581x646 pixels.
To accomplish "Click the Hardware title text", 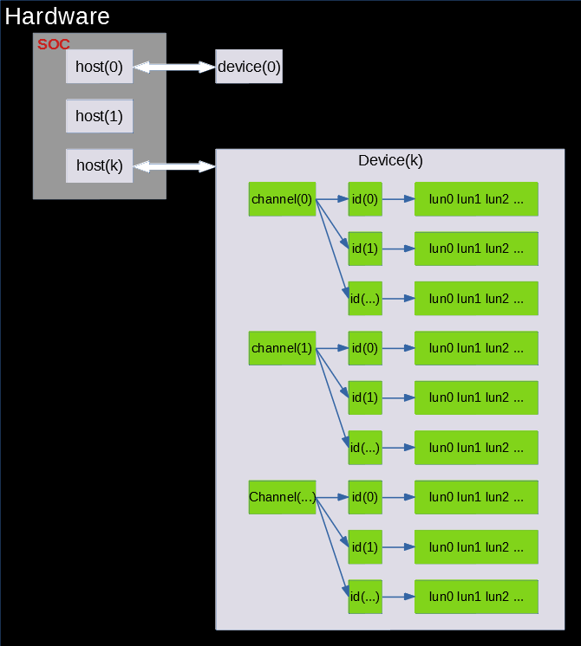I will pyautogui.click(x=57, y=16).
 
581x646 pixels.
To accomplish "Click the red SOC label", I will pyautogui.click(x=53, y=44).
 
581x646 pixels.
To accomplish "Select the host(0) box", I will pyautogui.click(x=99, y=67).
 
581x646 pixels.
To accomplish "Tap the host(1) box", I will pyautogui.click(x=99, y=116).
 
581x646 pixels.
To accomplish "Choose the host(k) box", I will pyautogui.click(x=99, y=165).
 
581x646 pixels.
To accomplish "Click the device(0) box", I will pyautogui.click(x=249, y=67).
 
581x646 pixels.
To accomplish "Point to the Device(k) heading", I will pyautogui.click(x=390, y=161).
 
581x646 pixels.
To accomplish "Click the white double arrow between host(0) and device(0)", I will pyautogui.click(x=173, y=67).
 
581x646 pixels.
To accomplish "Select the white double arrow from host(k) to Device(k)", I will pyautogui.click(x=173, y=165).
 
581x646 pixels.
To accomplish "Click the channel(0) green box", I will pyautogui.click(x=282, y=199).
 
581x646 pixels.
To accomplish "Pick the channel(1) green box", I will pyautogui.click(x=282, y=348).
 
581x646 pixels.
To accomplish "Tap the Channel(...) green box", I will pyautogui.click(x=282, y=497).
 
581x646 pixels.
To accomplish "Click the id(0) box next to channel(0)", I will pyautogui.click(x=365, y=199).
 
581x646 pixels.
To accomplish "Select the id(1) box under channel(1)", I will pyautogui.click(x=365, y=397).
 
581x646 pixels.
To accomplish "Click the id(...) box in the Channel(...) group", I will pyautogui.click(x=365, y=597).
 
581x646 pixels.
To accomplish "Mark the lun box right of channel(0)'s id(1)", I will pyautogui.click(x=476, y=249).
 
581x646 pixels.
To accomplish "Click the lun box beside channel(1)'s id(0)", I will pyautogui.click(x=476, y=348).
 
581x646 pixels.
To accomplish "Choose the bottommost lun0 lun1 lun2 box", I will pyautogui.click(x=476, y=597).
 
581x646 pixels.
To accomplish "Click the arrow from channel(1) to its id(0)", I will pyautogui.click(x=332, y=348).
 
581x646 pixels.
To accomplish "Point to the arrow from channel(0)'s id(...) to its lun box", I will pyautogui.click(x=398, y=299).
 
